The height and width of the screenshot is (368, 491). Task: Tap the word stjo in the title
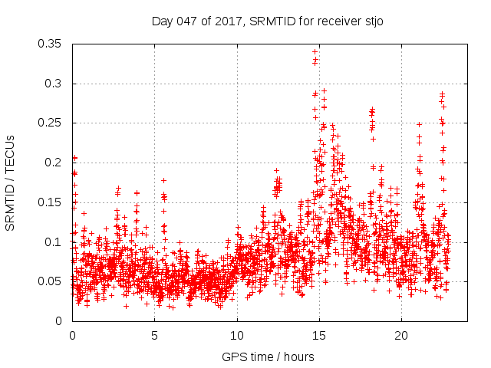click(372, 21)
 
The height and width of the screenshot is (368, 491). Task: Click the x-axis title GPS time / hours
click(267, 356)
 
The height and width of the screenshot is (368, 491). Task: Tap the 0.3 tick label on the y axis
click(54, 83)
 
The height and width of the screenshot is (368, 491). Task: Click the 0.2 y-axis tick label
click(54, 163)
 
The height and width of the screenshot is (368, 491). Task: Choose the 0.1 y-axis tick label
click(54, 242)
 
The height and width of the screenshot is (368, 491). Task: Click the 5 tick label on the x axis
click(154, 336)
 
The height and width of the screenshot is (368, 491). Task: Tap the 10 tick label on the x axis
click(237, 336)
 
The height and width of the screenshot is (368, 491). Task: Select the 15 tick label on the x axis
click(319, 336)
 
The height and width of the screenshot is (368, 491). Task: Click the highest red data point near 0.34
click(315, 52)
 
